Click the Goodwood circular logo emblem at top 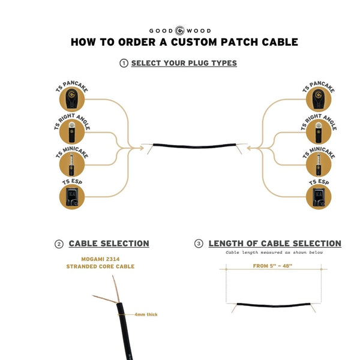tap(179, 31)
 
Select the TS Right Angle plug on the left tap(72, 131)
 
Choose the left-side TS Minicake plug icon tap(72, 163)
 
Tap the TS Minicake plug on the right tap(318, 163)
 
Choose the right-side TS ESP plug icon tap(318, 196)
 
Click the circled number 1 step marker tap(124, 64)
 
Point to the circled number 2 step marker tap(59, 244)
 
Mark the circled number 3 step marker tap(199, 244)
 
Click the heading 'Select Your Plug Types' tap(184, 63)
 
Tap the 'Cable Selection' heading tap(109, 244)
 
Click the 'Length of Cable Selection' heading tap(275, 244)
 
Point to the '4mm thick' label tap(146, 314)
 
